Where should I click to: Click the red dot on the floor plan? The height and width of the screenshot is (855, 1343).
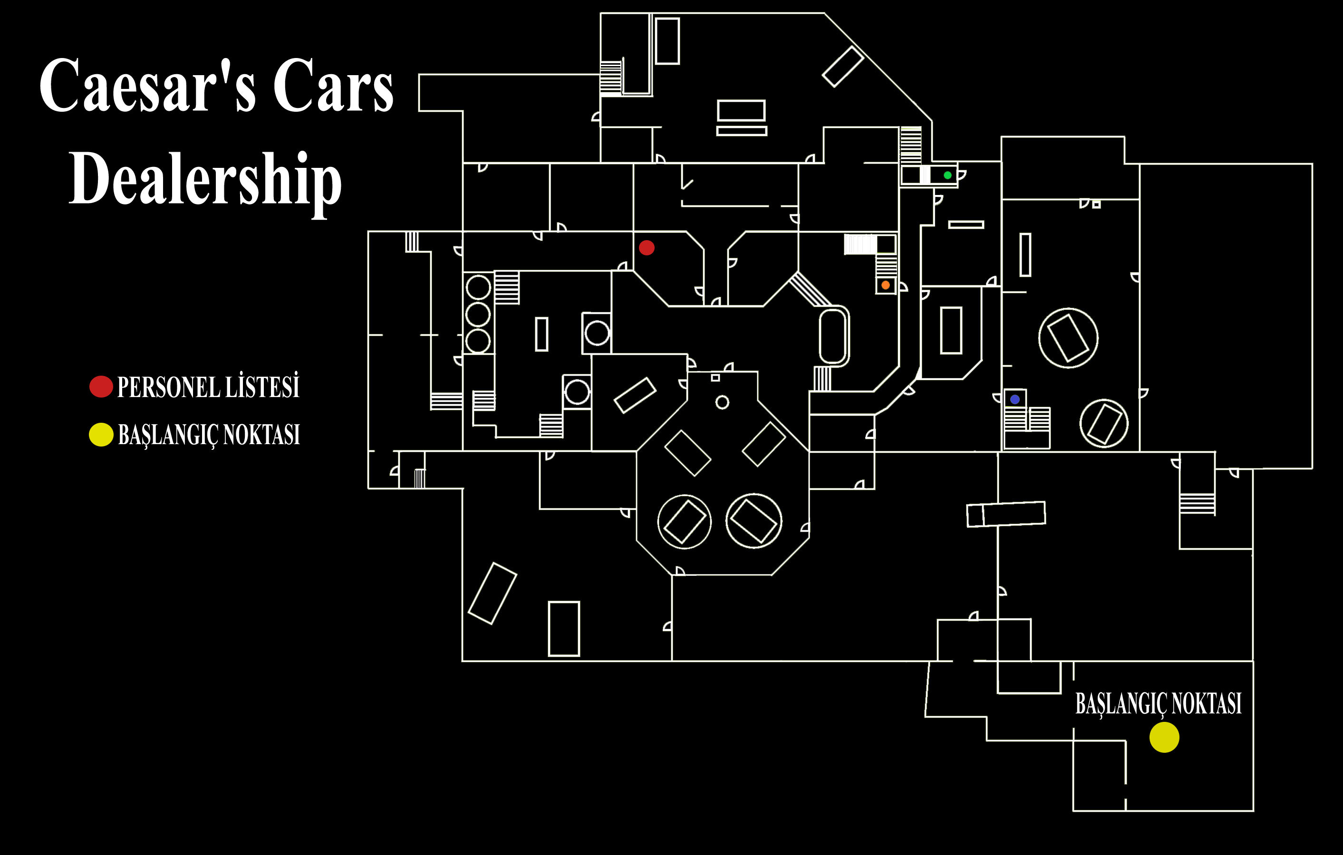tap(647, 248)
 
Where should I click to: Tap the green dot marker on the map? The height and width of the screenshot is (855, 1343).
tap(947, 175)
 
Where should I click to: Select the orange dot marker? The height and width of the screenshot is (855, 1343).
tap(885, 285)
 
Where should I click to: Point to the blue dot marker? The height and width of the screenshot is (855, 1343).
tap(1014, 399)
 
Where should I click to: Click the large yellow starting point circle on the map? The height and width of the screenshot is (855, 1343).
tap(1164, 738)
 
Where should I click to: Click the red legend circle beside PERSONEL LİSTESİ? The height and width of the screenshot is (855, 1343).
tap(101, 387)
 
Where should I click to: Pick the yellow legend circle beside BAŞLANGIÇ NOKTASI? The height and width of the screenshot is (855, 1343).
tap(101, 435)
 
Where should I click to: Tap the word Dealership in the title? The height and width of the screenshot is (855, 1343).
tap(205, 178)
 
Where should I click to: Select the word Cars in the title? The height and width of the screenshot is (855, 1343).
tap(333, 86)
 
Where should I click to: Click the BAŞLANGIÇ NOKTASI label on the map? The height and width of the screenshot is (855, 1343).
tap(1159, 704)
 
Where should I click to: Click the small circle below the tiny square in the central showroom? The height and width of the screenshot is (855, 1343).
tap(722, 402)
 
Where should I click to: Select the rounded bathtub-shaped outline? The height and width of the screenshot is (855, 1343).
tap(833, 336)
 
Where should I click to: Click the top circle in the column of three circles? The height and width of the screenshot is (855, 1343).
tap(478, 288)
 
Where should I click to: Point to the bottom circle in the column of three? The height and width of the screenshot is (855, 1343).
tap(478, 341)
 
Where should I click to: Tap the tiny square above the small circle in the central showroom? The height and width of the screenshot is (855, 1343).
tap(715, 378)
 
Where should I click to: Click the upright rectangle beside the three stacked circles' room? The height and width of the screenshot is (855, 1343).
tap(541, 334)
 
